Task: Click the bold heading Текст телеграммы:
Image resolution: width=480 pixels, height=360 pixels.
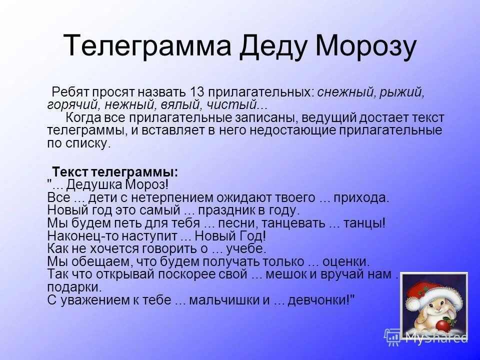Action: point(115,171)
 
